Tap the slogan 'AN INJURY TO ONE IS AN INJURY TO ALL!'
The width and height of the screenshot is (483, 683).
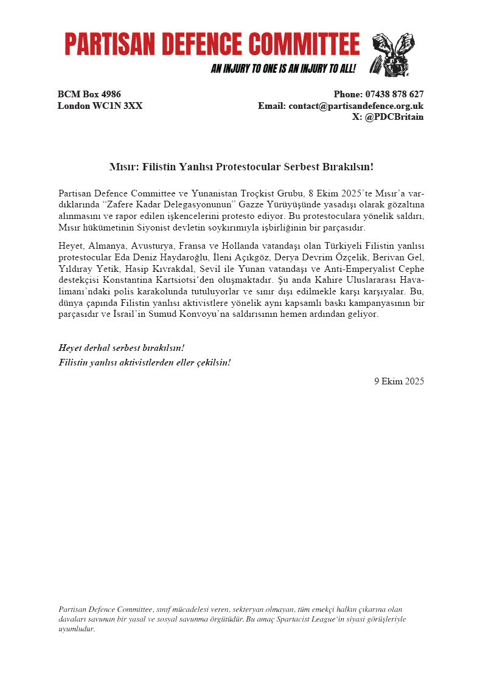(x=283, y=69)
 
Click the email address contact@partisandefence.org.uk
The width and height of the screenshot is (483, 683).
(x=356, y=106)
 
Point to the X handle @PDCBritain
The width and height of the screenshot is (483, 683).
(x=394, y=117)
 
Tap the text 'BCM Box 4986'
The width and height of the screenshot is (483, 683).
(x=89, y=94)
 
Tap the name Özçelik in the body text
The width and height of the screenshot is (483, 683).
(x=349, y=257)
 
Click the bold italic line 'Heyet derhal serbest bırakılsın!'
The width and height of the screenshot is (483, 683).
(x=121, y=348)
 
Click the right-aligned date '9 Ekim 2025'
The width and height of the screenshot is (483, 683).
(x=399, y=381)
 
